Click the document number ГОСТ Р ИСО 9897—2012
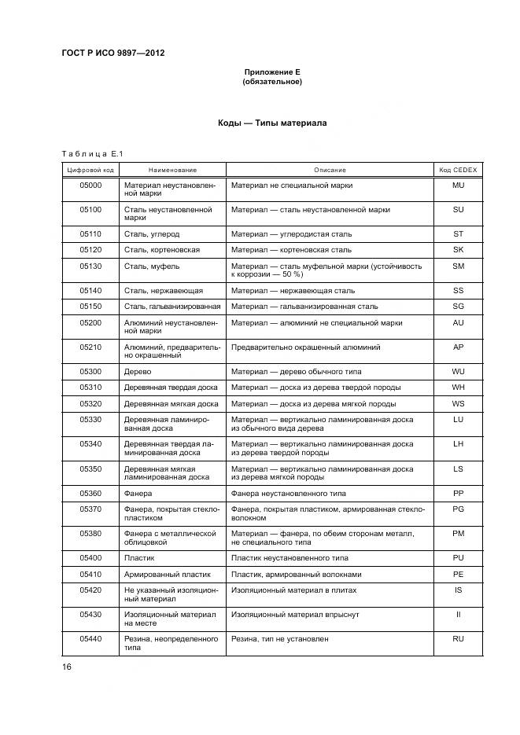pos(112,53)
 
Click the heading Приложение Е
pos(272,72)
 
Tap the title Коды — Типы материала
pos(272,123)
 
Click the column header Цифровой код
pos(90,170)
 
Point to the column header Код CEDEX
pos(458,170)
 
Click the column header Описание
pos(330,170)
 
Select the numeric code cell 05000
pos(90,186)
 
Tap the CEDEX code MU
pos(458,186)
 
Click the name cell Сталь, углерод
pos(152,234)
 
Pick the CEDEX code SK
pos(458,250)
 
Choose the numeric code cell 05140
pos(90,291)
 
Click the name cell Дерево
pos(138,371)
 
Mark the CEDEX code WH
pos(458,388)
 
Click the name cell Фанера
pos(138,493)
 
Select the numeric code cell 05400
pos(90,558)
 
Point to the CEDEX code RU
pos(458,639)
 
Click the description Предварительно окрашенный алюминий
pos(306,347)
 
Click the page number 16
pos(67,667)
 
